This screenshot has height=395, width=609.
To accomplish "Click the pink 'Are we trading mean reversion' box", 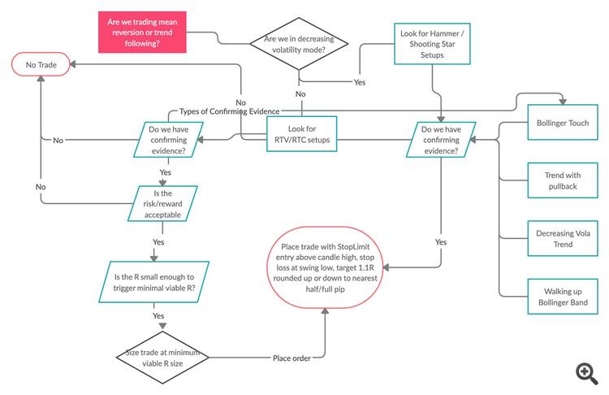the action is [x=142, y=33].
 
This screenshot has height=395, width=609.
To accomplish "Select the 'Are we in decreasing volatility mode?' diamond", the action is [x=299, y=44].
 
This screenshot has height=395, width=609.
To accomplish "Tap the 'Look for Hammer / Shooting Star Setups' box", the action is [x=432, y=44].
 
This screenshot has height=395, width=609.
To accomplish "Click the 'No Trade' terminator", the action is [x=41, y=64].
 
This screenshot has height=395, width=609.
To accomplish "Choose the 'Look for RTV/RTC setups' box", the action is [x=302, y=134].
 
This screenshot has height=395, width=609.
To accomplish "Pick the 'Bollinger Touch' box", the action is [x=563, y=123].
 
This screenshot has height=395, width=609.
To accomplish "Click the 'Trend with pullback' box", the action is [x=563, y=180].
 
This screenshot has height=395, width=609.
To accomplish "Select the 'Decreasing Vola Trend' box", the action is [x=563, y=238].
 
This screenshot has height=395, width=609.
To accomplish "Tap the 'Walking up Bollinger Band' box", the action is [x=563, y=297].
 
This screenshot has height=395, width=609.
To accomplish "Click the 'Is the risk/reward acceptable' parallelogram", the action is [x=162, y=204].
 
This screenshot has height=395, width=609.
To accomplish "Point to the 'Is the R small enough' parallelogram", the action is [x=153, y=282].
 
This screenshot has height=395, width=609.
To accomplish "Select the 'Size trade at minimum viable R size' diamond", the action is [x=162, y=358].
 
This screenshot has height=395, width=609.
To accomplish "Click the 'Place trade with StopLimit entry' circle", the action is [x=325, y=267].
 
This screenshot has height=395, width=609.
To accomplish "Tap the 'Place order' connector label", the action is [x=292, y=358].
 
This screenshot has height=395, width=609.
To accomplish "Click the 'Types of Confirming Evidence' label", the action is [x=230, y=111].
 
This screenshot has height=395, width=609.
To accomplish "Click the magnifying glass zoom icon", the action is [x=587, y=374].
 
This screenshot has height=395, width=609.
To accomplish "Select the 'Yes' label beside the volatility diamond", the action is [x=359, y=82].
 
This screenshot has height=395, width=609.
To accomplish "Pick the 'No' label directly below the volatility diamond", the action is [x=300, y=93].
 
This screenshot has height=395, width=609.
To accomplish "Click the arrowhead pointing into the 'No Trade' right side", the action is [x=72, y=64].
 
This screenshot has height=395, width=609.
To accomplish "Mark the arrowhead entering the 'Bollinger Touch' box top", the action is [x=563, y=102].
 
